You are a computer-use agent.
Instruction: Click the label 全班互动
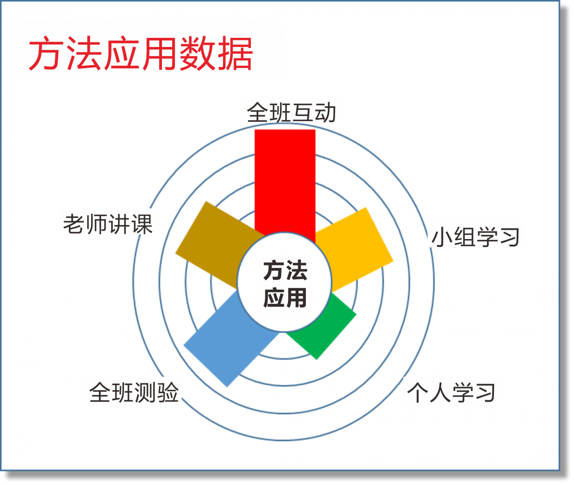291,113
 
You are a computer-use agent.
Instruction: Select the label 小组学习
476,237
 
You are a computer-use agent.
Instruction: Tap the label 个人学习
451,393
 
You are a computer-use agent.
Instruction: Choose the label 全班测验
134,392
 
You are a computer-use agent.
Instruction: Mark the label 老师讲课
108,224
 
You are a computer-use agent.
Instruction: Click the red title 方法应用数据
141,54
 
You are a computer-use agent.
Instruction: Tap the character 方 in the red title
44,54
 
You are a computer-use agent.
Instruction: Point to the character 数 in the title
198,54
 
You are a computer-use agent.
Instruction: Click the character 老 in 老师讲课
74,224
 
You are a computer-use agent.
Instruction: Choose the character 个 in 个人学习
418,393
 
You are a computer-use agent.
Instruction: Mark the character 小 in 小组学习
442,237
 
